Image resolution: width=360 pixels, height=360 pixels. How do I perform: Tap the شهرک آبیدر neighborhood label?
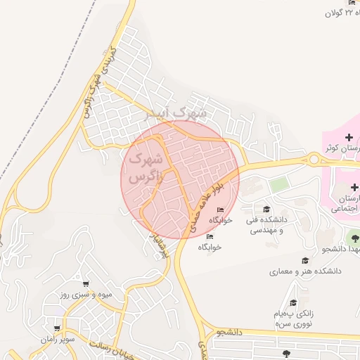tap(172, 112)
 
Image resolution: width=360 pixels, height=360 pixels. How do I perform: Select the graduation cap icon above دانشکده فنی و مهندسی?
tap(266, 209)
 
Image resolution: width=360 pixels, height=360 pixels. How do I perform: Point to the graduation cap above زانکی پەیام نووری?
tap(293, 302)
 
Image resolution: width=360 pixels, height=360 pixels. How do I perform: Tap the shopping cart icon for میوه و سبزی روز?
tap(86, 283)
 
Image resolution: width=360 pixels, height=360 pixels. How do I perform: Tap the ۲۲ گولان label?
tap(343, 13)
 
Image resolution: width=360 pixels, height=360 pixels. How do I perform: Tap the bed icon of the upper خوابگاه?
tap(221, 210)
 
